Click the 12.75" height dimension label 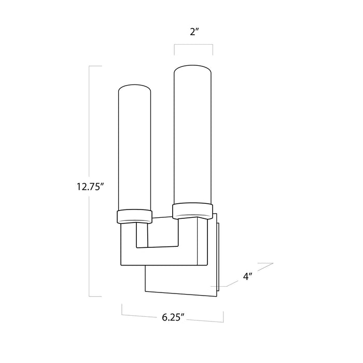pyautogui.click(x=90, y=186)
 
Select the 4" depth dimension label pyautogui.click(x=247, y=276)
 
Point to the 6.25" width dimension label pyautogui.click(x=173, y=317)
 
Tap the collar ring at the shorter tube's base pyautogui.click(x=134, y=217)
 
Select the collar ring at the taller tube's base pyautogui.click(x=192, y=211)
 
